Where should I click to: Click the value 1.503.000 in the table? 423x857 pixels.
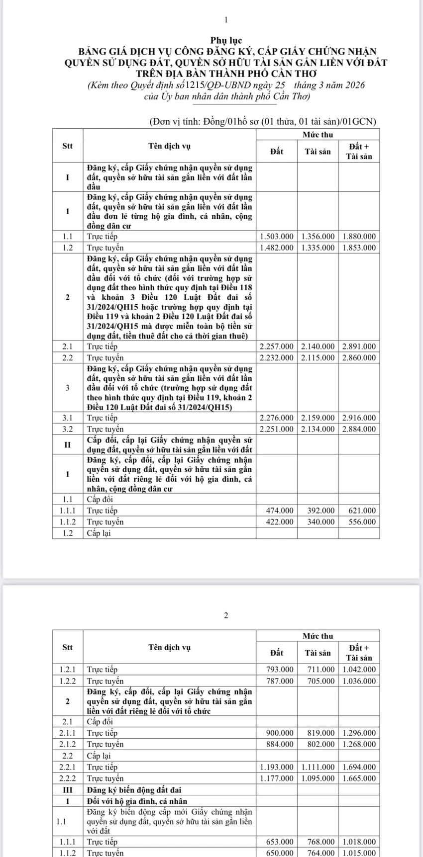[x=277, y=236]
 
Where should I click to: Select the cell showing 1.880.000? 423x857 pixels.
[x=359, y=236]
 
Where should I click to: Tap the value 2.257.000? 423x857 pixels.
[x=277, y=346]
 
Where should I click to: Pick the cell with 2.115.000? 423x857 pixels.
[x=318, y=358]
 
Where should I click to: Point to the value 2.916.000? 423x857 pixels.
[x=359, y=418]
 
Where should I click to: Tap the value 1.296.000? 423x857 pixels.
[x=359, y=733]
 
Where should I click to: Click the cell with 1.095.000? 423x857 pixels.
[x=318, y=778]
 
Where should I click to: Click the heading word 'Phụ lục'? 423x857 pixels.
[x=226, y=41]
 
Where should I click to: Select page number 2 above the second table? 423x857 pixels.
[x=226, y=615]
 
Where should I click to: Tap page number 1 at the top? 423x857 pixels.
[x=226, y=20]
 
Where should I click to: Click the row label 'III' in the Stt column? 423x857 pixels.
[x=68, y=790]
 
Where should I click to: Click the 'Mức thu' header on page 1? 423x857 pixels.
[x=318, y=135]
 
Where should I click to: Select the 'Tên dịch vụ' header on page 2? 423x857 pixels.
[x=169, y=647]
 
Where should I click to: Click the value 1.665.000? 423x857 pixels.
[x=359, y=778]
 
